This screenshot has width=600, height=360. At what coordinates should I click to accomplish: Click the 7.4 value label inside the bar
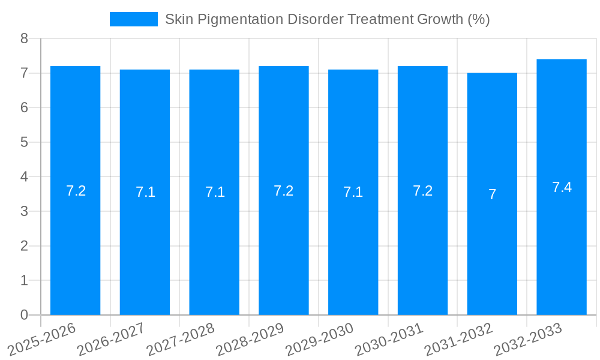pos(562,187)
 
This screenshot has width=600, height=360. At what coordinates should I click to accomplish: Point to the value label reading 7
pos(492,194)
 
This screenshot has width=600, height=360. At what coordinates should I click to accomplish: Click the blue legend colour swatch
pos(133,19)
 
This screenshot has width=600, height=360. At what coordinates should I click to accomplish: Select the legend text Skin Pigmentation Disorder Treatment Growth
pos(327,19)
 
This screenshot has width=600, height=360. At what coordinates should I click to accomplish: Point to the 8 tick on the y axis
pos(25,38)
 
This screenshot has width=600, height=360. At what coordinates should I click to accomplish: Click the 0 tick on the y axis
pos(25,315)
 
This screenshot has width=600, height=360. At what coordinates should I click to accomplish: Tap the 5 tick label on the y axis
pos(25,142)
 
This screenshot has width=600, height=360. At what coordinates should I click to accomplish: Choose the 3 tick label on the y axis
pos(25,211)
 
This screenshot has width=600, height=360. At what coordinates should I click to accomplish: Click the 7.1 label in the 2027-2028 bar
pos(215,192)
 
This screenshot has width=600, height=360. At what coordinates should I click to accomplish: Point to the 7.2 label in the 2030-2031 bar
pos(422,191)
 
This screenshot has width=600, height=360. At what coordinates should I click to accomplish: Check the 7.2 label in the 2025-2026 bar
pos(76,191)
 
